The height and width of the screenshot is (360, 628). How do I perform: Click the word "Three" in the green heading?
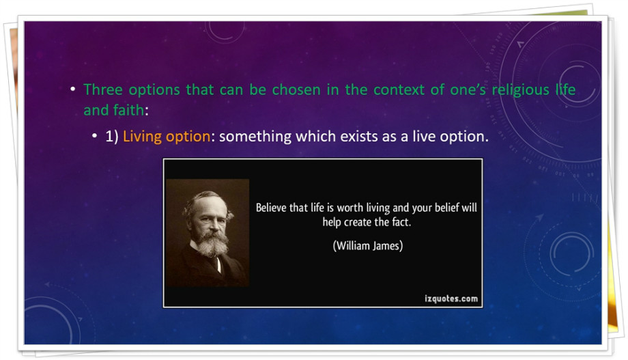click(x=102, y=89)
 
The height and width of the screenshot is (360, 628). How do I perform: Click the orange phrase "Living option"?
click(x=166, y=137)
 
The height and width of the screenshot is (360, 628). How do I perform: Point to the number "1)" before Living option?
click(x=112, y=137)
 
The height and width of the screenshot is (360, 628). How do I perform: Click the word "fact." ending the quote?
click(x=401, y=222)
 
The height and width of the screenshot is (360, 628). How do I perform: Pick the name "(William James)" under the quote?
click(x=368, y=245)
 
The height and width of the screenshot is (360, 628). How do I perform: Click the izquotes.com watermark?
click(x=451, y=299)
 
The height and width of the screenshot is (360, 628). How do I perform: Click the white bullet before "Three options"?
click(x=72, y=89)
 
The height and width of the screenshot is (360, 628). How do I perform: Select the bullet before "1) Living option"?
click(x=94, y=137)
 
